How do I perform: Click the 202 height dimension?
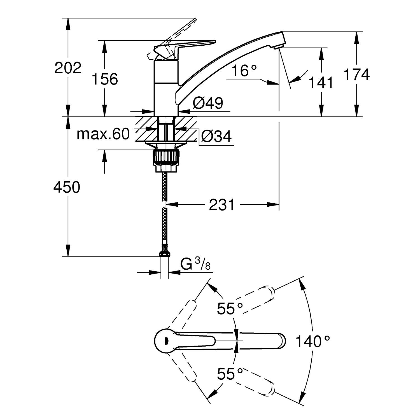pyautogui.click(x=68, y=68)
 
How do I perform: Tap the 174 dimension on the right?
pyautogui.click(x=356, y=74)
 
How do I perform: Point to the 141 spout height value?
pyautogui.click(x=321, y=83)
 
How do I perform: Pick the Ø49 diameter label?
pyautogui.click(x=208, y=103)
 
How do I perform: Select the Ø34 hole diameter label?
pyautogui.click(x=216, y=137)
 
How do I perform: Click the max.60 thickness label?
pyautogui.click(x=103, y=134)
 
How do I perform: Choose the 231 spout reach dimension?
pyautogui.click(x=221, y=205)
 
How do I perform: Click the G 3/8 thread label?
pyautogui.click(x=195, y=264)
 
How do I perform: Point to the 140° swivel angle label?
pyautogui.click(x=312, y=341)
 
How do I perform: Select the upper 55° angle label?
pyautogui.click(x=230, y=309)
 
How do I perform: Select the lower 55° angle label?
pyautogui.click(x=230, y=374)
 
